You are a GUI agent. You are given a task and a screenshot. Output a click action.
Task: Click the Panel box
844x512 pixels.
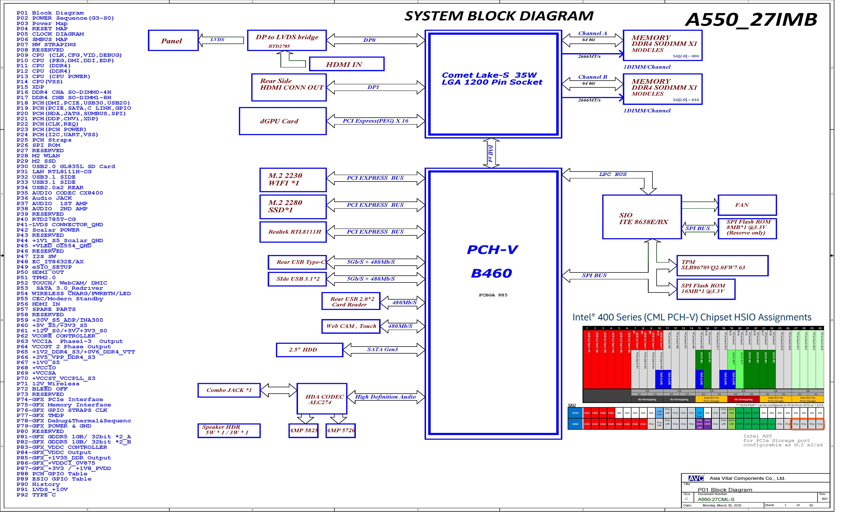point(173,41)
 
